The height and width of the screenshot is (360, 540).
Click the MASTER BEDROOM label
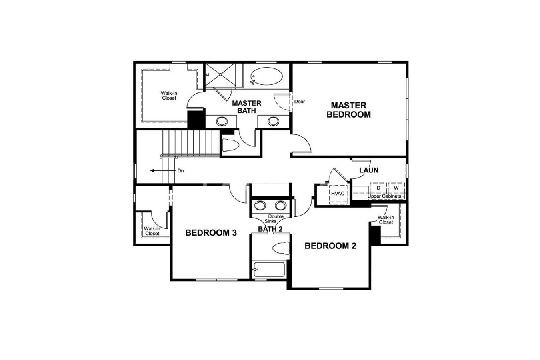(x=348, y=110)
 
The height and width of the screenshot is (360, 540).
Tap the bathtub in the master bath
(x=266, y=76)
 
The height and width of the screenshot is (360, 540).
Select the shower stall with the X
(x=221, y=75)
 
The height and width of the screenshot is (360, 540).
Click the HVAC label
(x=338, y=193)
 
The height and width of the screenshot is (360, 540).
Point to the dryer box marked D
(x=378, y=188)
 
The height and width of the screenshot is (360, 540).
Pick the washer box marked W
(x=396, y=188)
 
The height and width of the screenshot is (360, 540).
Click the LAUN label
(x=369, y=170)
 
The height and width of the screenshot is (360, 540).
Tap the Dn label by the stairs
(x=181, y=171)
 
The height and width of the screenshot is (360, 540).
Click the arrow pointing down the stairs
(x=163, y=171)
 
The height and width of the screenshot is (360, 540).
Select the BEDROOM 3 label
(x=211, y=233)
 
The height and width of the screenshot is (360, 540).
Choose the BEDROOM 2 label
(x=330, y=246)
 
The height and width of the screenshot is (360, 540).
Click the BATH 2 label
(x=270, y=229)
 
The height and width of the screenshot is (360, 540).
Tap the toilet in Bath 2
(x=281, y=248)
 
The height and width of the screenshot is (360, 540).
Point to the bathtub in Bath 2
(x=269, y=269)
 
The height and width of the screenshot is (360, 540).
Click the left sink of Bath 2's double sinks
(x=260, y=206)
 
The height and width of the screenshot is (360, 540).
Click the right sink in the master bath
(x=273, y=121)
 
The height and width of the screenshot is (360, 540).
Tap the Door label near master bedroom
(x=300, y=102)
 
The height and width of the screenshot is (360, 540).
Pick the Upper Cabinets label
(x=384, y=196)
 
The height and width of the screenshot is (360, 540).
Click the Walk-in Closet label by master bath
(x=169, y=95)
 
